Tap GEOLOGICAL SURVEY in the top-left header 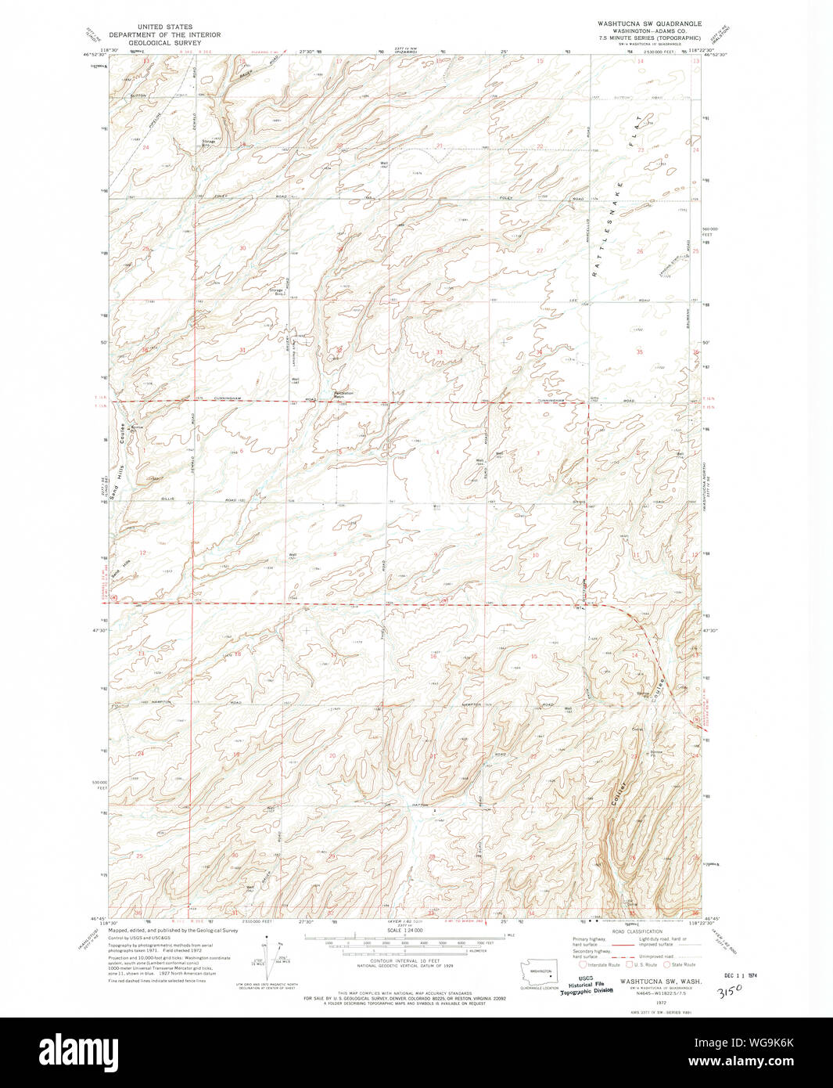[x=165, y=44]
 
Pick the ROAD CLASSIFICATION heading [x=637, y=931]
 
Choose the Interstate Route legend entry [x=598, y=964]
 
